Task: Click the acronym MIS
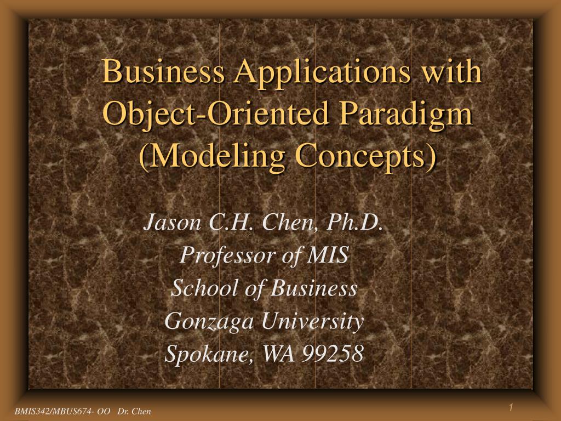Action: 328,255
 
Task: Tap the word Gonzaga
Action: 209,322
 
